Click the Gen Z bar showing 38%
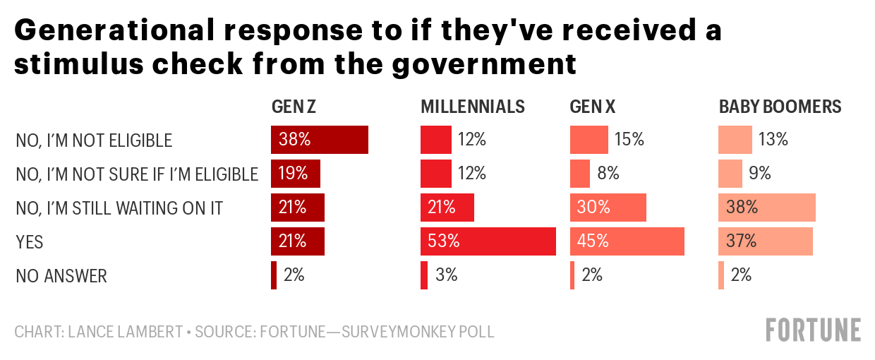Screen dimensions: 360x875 point(319,140)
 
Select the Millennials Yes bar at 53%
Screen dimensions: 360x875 point(488,241)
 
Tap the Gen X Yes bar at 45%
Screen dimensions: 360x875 point(627,241)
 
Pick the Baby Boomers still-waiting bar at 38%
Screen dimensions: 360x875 point(767,208)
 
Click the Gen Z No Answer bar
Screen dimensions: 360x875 point(274,275)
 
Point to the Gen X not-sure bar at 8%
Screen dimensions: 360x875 point(579,174)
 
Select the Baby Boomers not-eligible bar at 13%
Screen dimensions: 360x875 point(735,140)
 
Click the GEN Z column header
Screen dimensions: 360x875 point(294,107)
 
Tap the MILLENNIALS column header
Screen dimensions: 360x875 point(473,107)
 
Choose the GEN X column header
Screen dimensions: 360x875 point(592,107)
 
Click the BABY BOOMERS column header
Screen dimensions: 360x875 point(780,107)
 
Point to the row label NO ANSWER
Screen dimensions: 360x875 point(61,276)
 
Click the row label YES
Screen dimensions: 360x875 point(30,242)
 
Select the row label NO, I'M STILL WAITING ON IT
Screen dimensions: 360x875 point(119,208)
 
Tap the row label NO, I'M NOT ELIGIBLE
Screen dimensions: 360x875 point(94,140)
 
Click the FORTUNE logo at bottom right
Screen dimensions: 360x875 point(814,330)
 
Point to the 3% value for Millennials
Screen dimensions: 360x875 point(446,275)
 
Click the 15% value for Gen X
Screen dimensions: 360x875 point(629,140)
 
